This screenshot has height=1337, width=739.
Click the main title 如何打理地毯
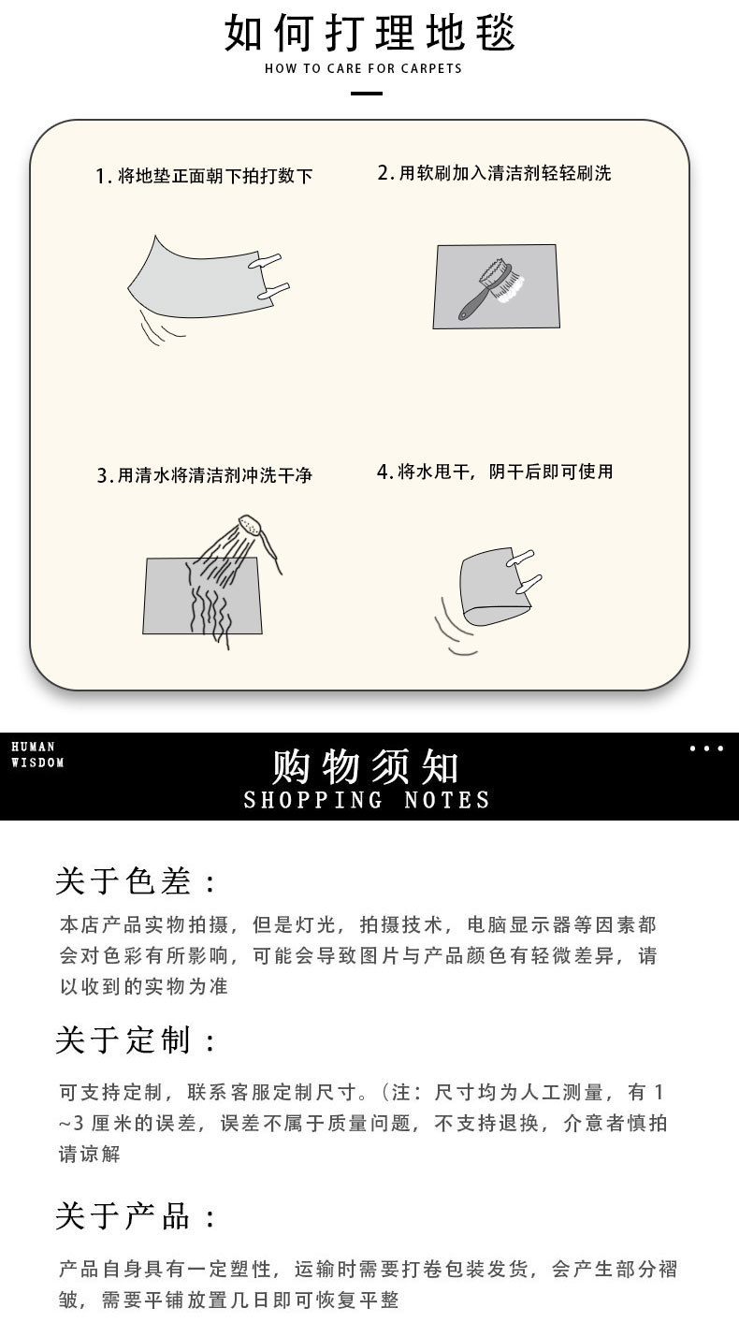[369, 33]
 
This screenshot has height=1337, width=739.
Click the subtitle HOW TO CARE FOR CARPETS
[363, 68]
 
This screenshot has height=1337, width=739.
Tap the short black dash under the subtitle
[366, 94]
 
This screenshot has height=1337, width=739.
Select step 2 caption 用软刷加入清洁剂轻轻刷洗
[494, 172]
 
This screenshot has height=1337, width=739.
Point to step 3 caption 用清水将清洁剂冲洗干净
[204, 475]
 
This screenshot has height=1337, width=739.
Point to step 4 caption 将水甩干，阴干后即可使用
[494, 472]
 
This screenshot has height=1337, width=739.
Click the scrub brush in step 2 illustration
[487, 288]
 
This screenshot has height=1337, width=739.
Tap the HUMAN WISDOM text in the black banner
[37, 754]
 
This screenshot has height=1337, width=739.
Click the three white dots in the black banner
[706, 748]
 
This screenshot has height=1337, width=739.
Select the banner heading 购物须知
[366, 766]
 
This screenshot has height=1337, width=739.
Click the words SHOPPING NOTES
[366, 800]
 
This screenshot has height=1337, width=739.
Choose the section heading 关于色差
[135, 880]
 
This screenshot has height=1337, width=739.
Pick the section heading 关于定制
[135, 1039]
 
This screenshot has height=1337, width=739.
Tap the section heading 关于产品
[135, 1216]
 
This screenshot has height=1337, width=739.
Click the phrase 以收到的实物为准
[144, 986]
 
